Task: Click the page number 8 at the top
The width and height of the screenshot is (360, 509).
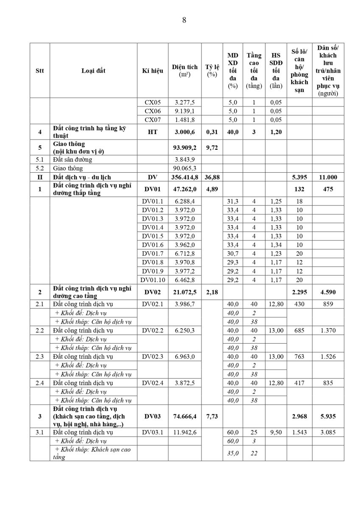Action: click(x=184, y=20)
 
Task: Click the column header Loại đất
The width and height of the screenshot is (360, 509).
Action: click(x=93, y=71)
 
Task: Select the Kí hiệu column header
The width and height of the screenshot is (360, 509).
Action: click(x=153, y=71)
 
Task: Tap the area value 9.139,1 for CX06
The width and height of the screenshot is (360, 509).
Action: click(x=184, y=111)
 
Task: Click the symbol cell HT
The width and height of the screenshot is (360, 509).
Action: click(x=153, y=132)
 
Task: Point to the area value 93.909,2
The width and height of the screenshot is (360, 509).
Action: click(x=184, y=147)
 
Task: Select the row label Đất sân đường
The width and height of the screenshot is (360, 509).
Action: click(x=73, y=159)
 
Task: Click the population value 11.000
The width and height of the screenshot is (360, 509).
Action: click(x=328, y=176)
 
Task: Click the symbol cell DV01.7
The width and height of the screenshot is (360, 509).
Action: click(x=153, y=253)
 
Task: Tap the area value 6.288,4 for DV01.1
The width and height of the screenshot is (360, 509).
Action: click(x=184, y=201)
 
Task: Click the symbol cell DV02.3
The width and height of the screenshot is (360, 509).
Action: click(x=153, y=356)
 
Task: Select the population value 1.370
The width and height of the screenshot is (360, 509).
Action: click(x=328, y=330)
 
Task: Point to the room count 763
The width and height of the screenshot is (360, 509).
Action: click(x=299, y=356)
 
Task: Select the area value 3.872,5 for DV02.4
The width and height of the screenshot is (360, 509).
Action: click(x=184, y=383)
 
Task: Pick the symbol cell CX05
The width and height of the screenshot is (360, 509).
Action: click(x=153, y=102)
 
